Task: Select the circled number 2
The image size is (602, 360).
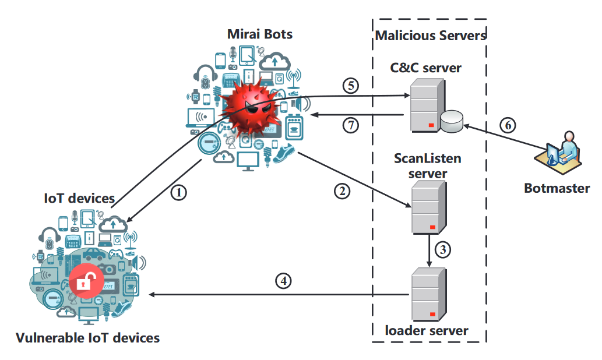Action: (342, 190)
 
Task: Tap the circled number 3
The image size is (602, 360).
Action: (443, 250)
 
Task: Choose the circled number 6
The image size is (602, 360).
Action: (508, 124)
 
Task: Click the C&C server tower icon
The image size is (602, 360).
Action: (425, 105)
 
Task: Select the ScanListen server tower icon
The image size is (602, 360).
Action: (428, 207)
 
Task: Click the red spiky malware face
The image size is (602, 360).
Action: (251, 108)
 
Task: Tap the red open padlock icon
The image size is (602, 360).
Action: (85, 283)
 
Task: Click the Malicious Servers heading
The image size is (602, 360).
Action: (431, 36)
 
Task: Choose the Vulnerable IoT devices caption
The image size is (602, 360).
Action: (87, 337)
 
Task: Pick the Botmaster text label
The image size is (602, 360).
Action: (557, 188)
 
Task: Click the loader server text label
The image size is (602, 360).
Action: (427, 331)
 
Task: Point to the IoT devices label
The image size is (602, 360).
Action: (80, 199)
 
